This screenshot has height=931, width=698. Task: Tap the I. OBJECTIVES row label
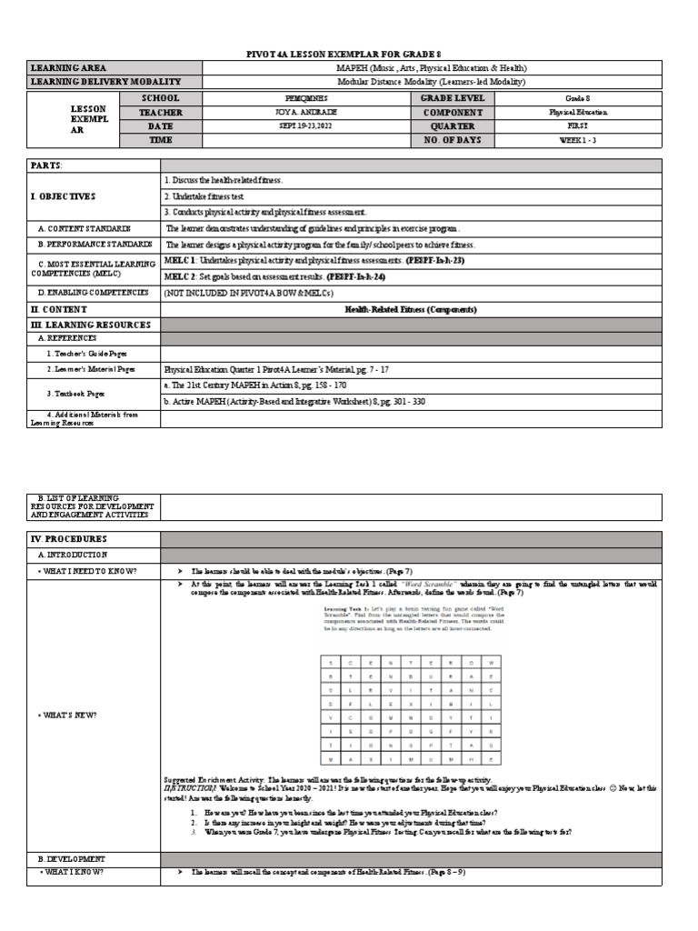tap(64, 196)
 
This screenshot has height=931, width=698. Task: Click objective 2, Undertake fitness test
tap(212, 196)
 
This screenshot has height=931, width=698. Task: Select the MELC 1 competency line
tap(314, 260)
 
